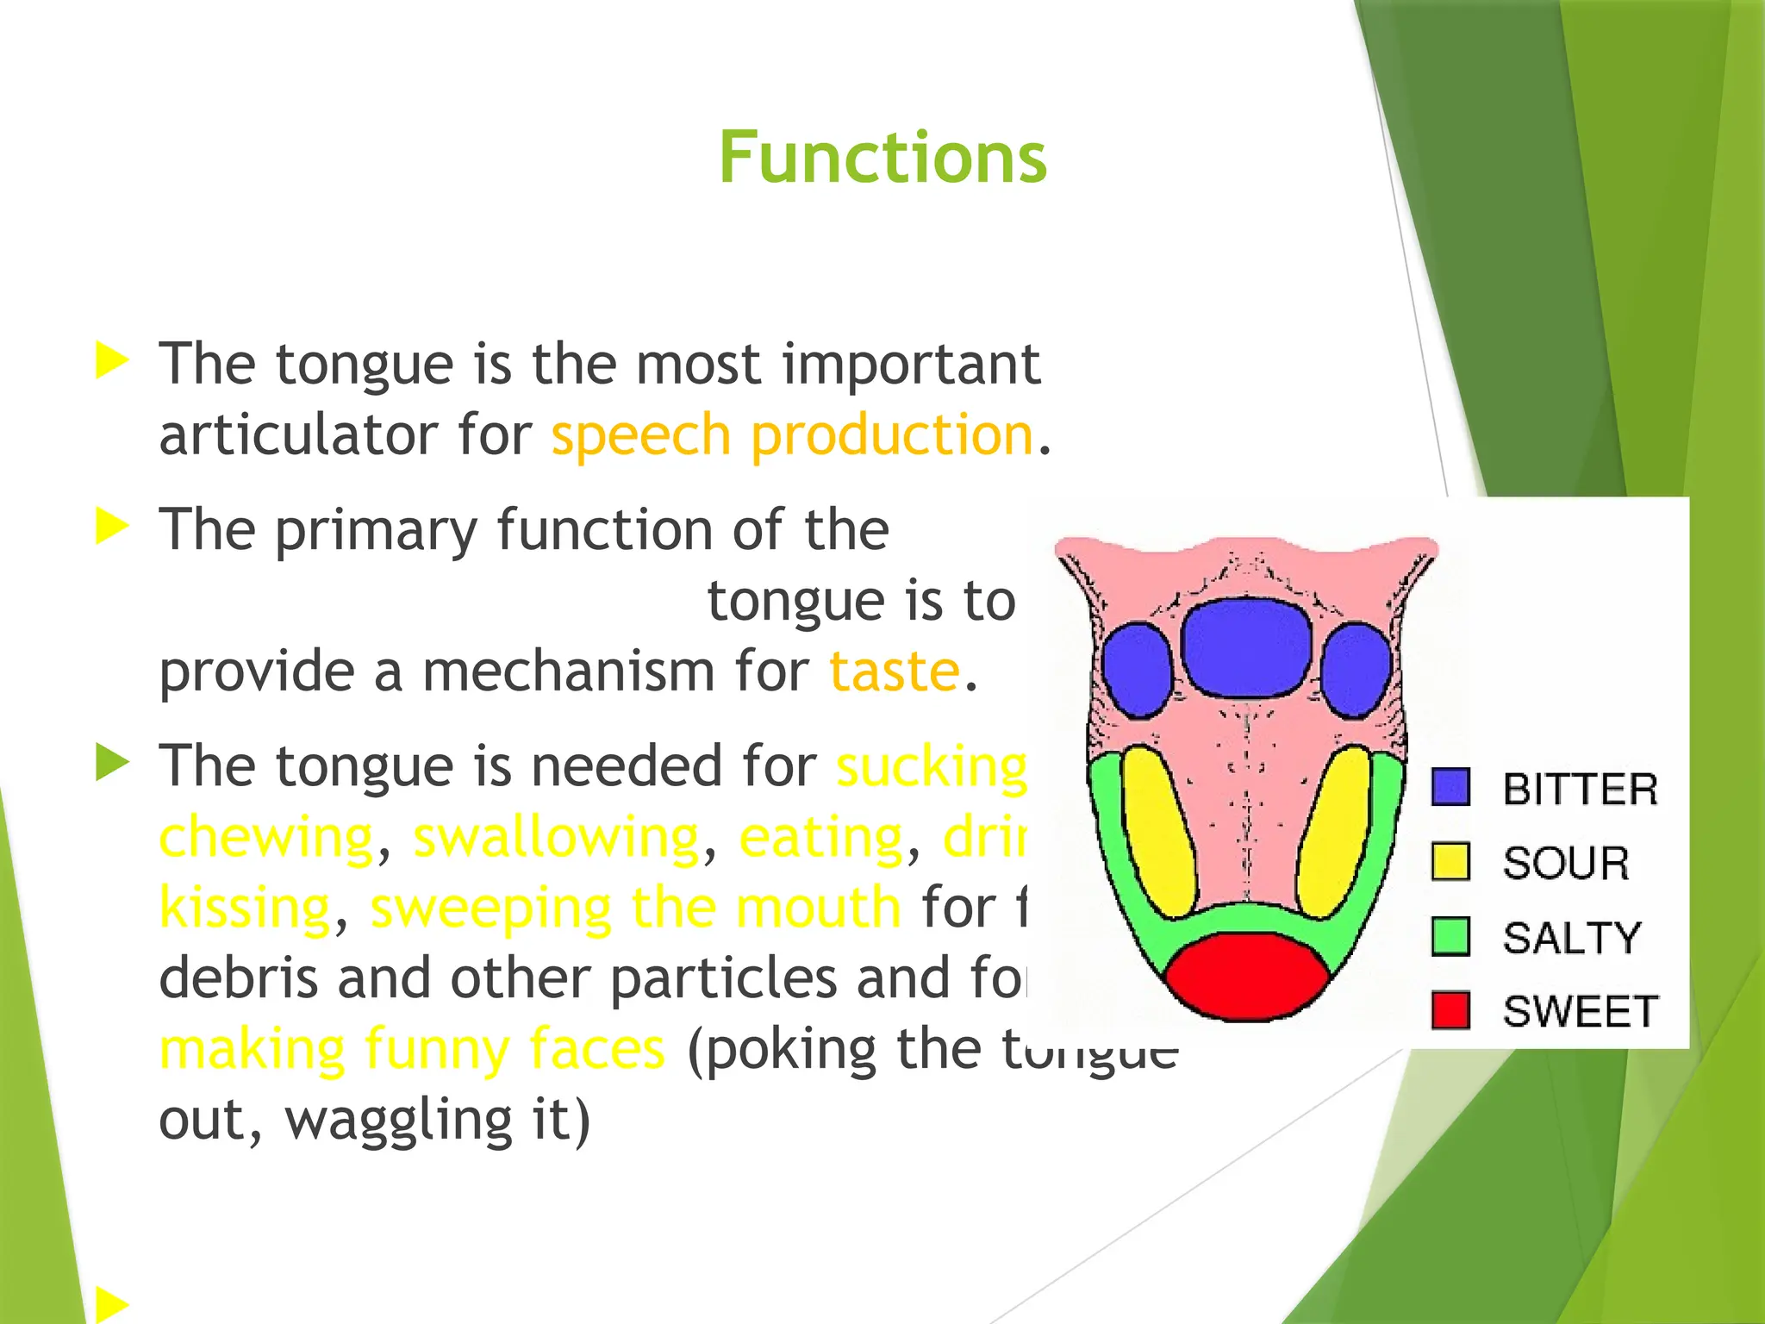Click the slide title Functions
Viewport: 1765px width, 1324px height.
pos(882,158)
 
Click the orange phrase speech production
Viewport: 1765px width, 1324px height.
pos(791,435)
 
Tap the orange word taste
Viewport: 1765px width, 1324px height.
pos(894,672)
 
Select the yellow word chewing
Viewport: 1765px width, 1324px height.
pos(266,838)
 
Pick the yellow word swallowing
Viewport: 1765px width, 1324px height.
pos(556,838)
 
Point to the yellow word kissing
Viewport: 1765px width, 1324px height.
pos(246,909)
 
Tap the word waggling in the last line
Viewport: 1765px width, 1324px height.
pos(398,1121)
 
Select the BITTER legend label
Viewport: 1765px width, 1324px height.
pos(1579,790)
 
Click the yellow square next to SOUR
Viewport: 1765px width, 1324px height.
pos(1450,861)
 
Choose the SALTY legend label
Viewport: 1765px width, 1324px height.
pos(1571,938)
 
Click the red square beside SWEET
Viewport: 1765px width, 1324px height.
pos(1450,1010)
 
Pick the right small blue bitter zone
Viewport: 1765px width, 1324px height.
pos(1356,671)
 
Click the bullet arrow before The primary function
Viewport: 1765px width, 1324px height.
pos(112,526)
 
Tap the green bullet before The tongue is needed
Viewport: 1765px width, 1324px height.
pos(112,763)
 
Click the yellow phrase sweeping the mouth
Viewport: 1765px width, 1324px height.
pos(635,909)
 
